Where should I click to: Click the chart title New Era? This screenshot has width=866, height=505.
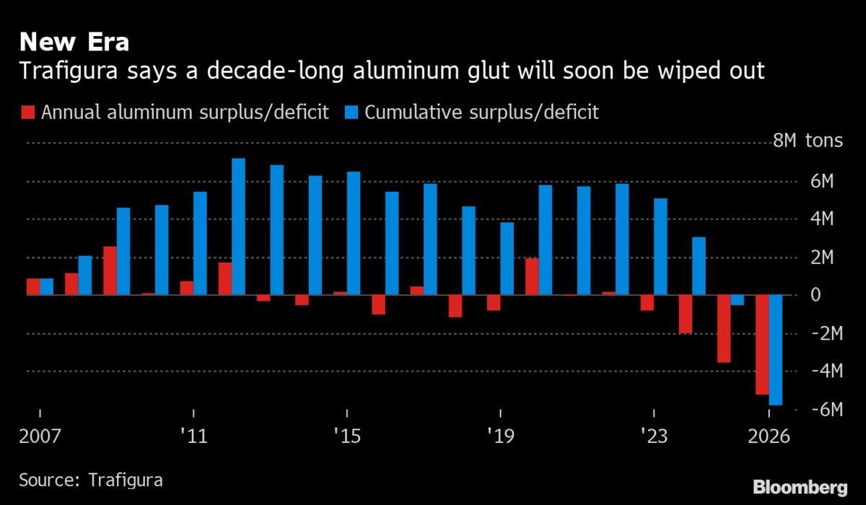pos(74,43)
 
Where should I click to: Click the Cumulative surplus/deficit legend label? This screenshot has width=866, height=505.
pos(481,113)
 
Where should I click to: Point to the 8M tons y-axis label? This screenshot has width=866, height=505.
pos(808,141)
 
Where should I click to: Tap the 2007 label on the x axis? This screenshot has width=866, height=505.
pos(40,436)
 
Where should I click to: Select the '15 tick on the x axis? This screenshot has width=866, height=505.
pos(347,436)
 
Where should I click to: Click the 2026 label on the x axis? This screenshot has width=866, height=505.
pos(769,436)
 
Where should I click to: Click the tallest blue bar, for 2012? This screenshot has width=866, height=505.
pos(238,227)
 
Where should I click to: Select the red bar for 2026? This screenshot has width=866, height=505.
pos(762,345)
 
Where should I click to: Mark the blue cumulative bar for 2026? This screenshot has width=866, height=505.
pos(776,350)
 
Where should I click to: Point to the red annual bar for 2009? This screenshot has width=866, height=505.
pos(110,271)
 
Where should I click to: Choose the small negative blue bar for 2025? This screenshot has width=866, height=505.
pos(737,300)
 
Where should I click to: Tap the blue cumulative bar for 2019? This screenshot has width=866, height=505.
pos(507,259)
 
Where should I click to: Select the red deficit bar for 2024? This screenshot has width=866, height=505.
pos(686,315)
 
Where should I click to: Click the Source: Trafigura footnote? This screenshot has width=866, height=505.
pos(91,480)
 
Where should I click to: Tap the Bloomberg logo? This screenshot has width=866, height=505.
pos(800,487)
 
